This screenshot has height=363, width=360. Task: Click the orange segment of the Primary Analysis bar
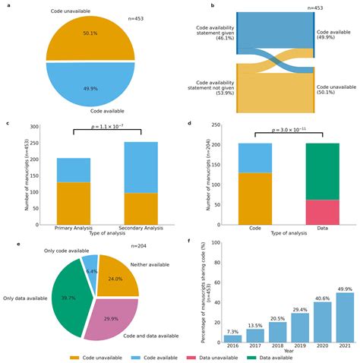coord(74,204)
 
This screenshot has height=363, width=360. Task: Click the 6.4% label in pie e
coord(92,271)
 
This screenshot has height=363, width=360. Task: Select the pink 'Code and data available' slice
coord(112,308)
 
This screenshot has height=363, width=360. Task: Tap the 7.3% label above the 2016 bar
coord(232,331)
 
